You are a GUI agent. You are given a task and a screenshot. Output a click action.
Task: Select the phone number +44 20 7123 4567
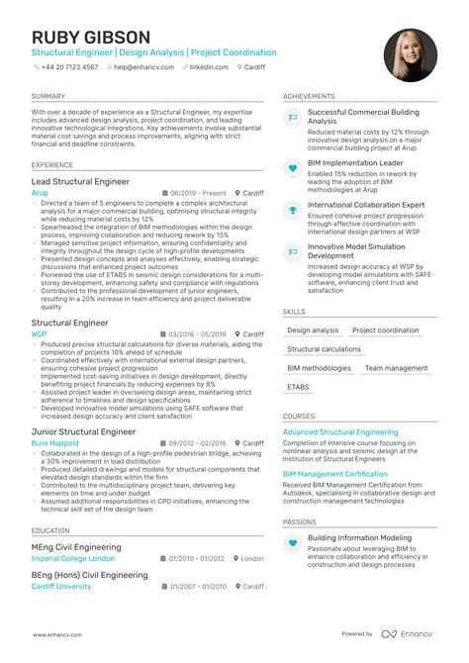[x=69, y=67]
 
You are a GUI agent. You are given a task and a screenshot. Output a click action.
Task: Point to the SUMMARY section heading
[x=48, y=96]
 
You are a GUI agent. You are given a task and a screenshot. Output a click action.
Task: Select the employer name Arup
[x=40, y=193]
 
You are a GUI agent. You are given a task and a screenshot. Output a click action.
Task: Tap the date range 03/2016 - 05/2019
[x=199, y=334]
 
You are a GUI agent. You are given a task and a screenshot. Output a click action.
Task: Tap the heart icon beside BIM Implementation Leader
[x=293, y=168]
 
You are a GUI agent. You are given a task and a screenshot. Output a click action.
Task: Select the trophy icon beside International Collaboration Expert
[x=293, y=209]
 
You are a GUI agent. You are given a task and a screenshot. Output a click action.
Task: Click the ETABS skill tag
[x=298, y=387]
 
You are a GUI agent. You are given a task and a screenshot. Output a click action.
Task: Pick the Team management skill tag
[x=397, y=368]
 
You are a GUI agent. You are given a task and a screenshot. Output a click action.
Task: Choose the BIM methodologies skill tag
[x=319, y=368]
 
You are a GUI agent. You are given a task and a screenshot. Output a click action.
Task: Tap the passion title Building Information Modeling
[x=360, y=538]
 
